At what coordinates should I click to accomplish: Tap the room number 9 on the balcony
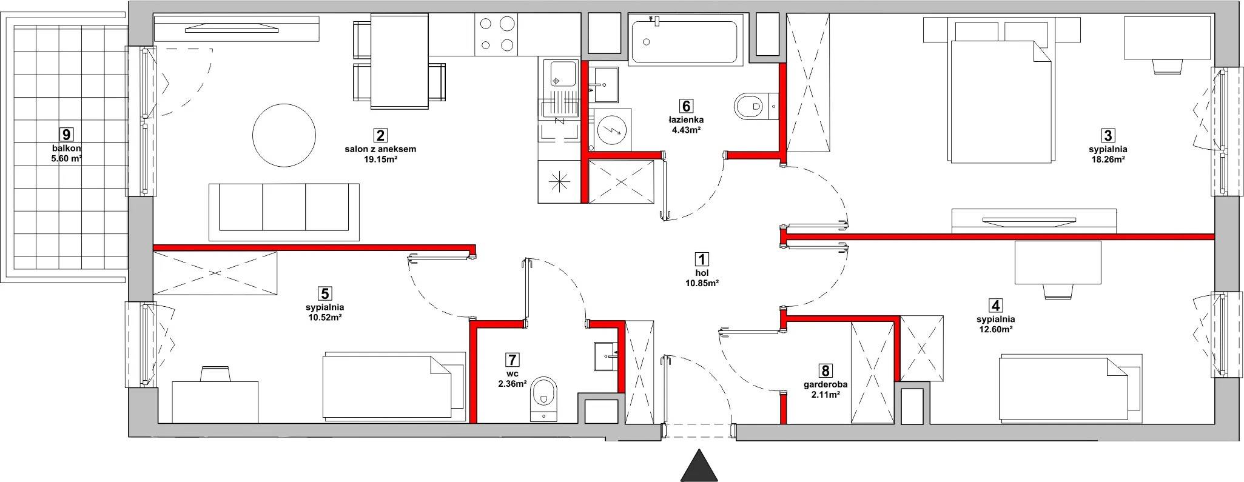(66, 135)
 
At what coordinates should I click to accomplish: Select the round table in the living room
(284, 135)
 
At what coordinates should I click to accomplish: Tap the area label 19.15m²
(380, 159)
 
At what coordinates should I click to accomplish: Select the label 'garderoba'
(825, 384)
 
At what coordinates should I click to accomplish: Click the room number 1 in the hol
(701, 259)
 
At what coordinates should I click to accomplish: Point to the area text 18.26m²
(1107, 159)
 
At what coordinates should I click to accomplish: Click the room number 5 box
(325, 293)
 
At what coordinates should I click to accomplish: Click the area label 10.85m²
(702, 283)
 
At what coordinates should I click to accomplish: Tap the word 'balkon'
(67, 148)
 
